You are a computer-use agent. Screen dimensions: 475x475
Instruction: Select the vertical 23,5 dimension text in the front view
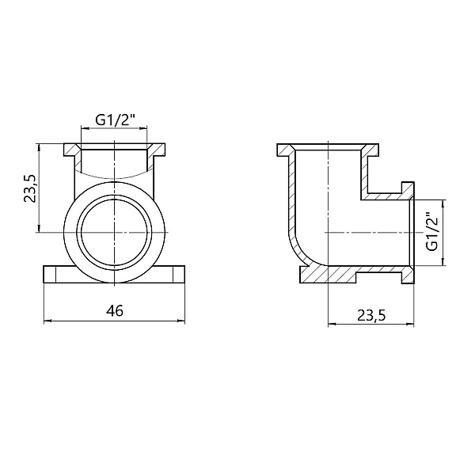coord(29,188)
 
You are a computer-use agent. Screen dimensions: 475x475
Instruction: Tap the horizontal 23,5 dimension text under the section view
coord(370,315)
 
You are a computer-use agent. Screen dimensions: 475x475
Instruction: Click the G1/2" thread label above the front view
coord(115,120)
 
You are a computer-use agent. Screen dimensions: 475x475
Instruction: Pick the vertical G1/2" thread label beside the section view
coord(431,232)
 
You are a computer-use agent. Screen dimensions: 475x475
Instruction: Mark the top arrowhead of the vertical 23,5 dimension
coord(39,148)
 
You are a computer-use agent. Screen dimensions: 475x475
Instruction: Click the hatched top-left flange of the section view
coord(284,150)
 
